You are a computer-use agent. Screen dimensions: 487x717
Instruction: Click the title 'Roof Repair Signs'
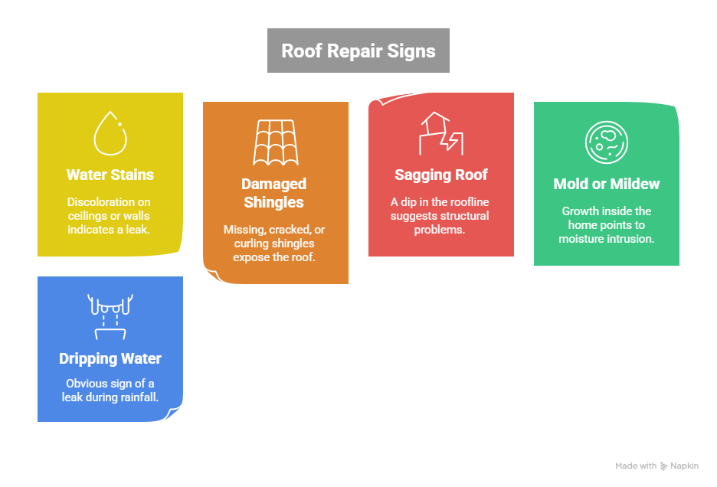(x=358, y=51)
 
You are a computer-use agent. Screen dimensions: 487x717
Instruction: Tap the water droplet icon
(x=110, y=133)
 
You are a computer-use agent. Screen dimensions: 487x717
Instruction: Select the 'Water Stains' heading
(x=110, y=175)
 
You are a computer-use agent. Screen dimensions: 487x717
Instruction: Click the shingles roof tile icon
(x=275, y=142)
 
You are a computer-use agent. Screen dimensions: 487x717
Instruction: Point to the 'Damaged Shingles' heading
(x=273, y=193)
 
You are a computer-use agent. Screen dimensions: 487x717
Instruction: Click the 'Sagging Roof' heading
(x=441, y=175)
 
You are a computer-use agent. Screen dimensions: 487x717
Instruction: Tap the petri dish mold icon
(x=606, y=142)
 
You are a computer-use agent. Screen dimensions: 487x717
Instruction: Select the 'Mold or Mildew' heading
(x=606, y=184)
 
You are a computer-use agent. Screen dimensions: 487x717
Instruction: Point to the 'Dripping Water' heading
(x=110, y=358)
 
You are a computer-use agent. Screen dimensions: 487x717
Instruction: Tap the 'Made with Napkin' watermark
(x=656, y=466)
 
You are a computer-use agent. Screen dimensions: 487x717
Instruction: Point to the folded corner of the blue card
(x=175, y=413)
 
